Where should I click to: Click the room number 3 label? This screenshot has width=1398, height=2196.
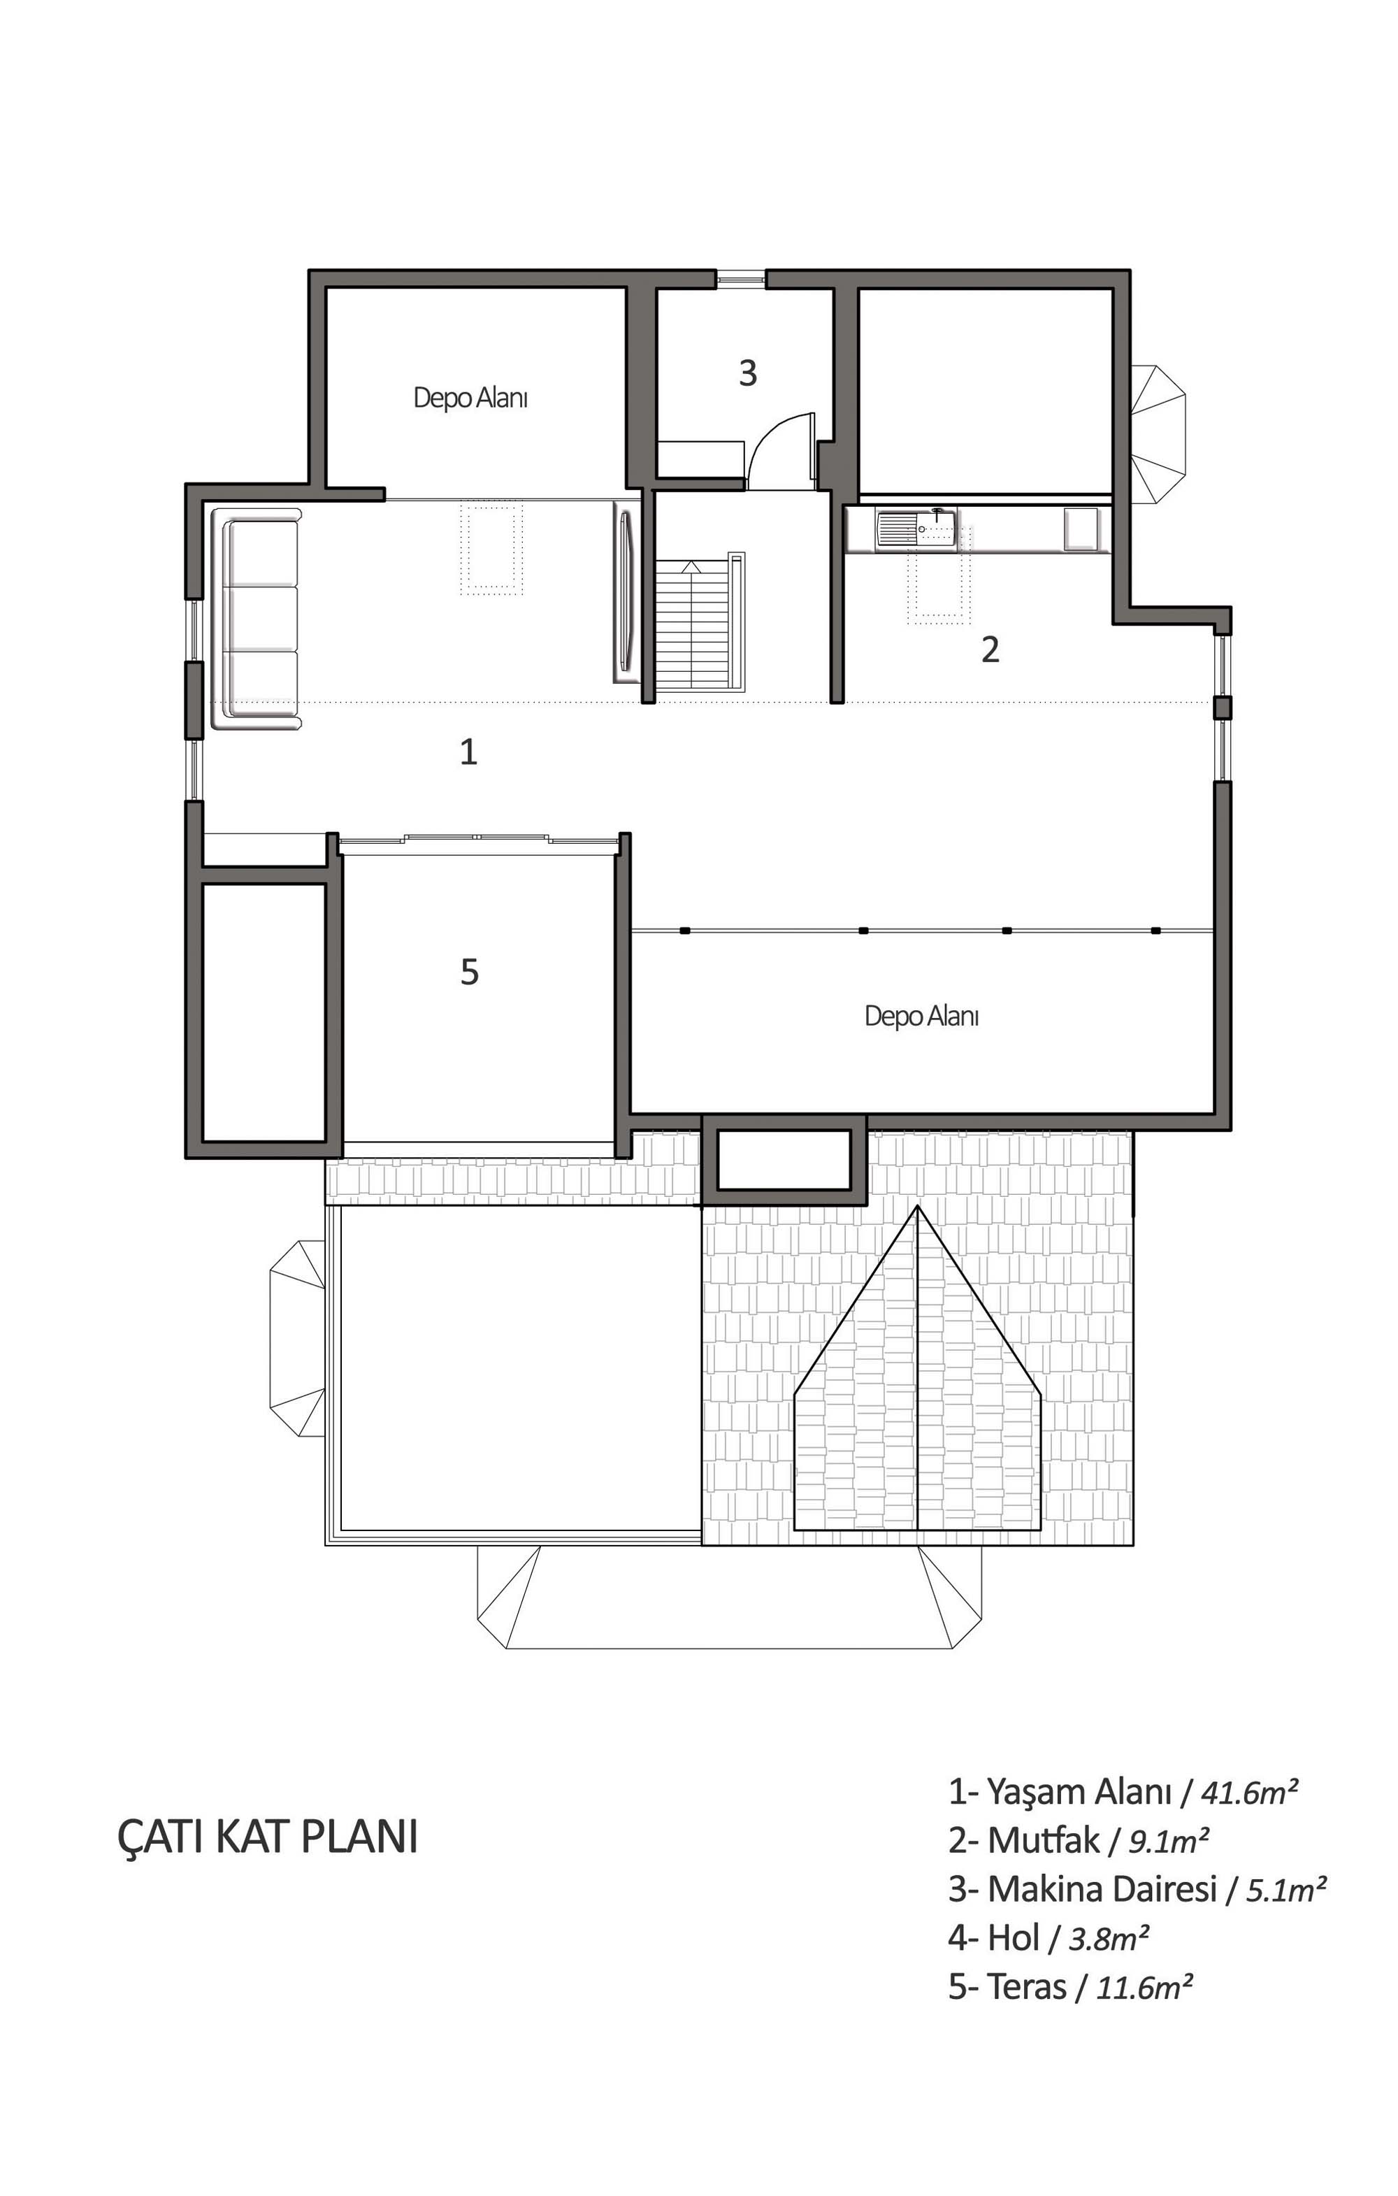748,373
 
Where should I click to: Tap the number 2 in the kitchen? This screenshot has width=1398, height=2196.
990,650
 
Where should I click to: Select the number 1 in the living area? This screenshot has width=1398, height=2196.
469,752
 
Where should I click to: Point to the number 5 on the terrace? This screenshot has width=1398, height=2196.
470,972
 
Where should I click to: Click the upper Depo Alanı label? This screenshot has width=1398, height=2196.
470,398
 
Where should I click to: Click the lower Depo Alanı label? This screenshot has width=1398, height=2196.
922,1016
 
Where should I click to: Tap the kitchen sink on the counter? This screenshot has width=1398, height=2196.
916,529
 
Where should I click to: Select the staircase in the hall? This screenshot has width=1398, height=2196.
700,622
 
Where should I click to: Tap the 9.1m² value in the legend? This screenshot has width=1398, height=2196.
1169,1842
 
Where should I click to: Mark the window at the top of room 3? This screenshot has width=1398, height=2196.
740,278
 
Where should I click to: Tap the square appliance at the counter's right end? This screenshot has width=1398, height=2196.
1083,529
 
